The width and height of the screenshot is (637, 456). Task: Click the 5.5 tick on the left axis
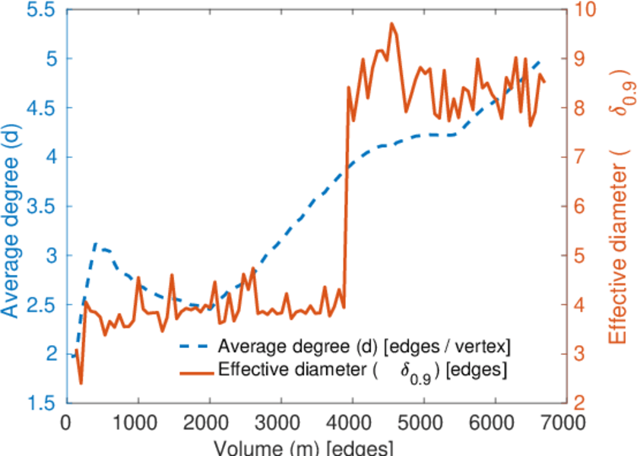(43, 10)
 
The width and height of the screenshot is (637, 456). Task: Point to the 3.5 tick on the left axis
(43, 207)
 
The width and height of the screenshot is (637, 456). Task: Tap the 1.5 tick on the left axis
(43, 403)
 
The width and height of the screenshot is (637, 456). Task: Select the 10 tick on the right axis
(587, 10)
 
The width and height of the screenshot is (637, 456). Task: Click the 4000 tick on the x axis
(352, 421)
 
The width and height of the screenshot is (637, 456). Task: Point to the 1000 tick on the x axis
(138, 421)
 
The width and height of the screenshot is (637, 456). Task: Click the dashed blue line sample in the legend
(195, 347)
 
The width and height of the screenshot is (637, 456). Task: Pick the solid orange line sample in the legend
(195, 371)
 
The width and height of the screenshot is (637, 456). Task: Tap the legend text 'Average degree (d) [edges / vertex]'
(363, 347)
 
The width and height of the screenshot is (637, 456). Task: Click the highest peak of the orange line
(392, 24)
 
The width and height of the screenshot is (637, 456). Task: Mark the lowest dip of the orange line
(81, 383)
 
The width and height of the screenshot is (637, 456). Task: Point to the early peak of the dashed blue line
(96, 244)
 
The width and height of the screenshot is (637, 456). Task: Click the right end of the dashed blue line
(540, 61)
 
